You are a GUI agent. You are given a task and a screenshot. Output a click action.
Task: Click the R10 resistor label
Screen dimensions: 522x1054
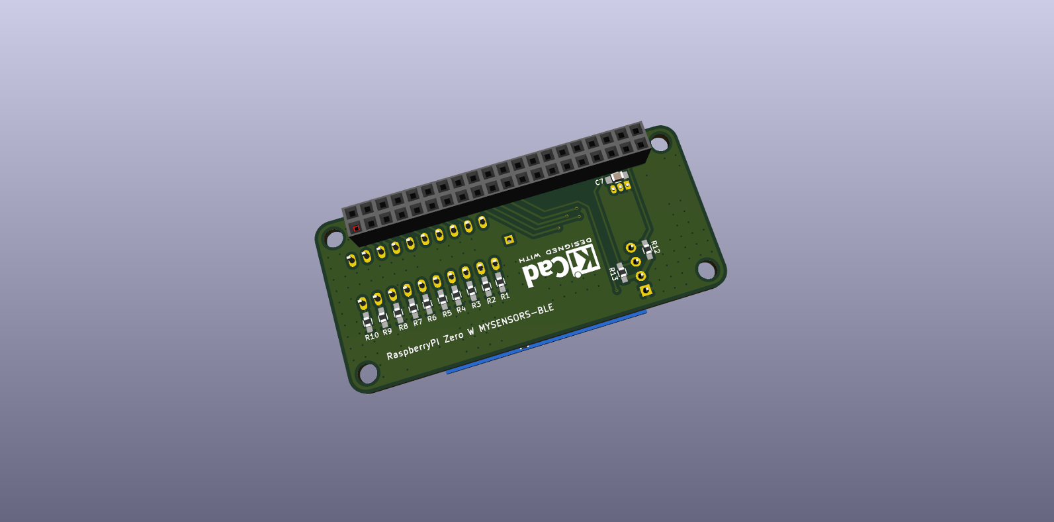(372, 336)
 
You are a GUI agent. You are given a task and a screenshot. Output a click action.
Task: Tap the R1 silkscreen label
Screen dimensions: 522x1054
(505, 296)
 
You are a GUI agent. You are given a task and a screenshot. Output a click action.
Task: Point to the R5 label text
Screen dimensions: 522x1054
(447, 313)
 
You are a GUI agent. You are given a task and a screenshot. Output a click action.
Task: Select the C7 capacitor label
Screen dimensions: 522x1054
(599, 182)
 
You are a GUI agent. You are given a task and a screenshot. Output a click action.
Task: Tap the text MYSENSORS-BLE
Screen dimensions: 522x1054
(516, 319)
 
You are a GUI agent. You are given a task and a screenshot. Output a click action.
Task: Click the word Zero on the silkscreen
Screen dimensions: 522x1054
(453, 337)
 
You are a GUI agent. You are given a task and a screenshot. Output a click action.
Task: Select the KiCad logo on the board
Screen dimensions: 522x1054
(560, 266)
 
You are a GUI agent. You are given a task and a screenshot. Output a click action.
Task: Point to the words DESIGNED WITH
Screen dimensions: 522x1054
(556, 249)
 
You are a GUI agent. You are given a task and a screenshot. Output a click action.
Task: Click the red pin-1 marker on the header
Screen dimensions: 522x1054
(356, 229)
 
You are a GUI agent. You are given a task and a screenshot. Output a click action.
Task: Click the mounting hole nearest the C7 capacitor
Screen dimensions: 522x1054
(659, 142)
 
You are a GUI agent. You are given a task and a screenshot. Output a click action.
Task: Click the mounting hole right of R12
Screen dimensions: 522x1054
(707, 270)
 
